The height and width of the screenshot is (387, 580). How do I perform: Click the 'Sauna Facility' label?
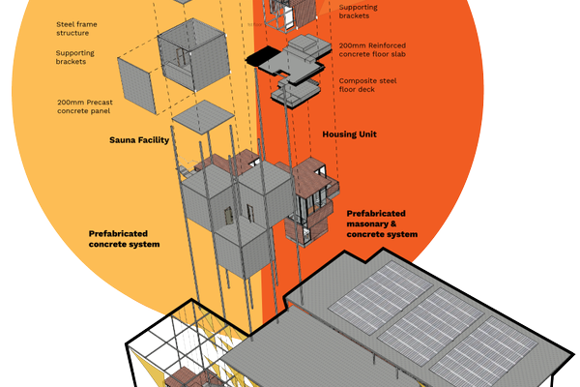(139, 140)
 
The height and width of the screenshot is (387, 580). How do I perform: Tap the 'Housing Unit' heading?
(349, 134)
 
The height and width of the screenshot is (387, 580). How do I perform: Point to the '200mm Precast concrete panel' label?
(88, 105)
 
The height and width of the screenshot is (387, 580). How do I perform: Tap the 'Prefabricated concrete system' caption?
(124, 239)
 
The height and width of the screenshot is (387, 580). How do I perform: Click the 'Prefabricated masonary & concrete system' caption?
(382, 223)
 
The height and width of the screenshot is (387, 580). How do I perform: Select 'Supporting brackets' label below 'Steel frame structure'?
(76, 57)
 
